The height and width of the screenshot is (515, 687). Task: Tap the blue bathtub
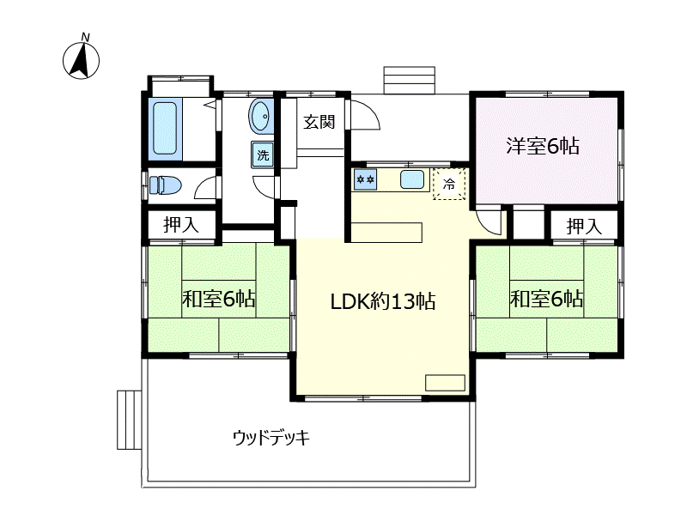(x=166, y=129)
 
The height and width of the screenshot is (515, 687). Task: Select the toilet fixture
(x=165, y=185)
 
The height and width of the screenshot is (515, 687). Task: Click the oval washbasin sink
(x=260, y=116)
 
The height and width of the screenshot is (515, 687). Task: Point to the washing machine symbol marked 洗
(x=263, y=155)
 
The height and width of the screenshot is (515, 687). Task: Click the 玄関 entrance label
(x=319, y=122)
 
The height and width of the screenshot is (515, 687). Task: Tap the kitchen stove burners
(x=366, y=179)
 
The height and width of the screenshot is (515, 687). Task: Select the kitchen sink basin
(x=412, y=180)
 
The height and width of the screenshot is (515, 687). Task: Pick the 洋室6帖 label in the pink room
(x=542, y=146)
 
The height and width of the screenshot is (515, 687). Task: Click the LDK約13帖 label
(x=383, y=301)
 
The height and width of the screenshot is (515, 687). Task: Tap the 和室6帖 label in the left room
(x=218, y=300)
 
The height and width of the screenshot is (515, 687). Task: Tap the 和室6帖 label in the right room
(x=547, y=300)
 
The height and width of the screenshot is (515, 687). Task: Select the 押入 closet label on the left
(x=181, y=226)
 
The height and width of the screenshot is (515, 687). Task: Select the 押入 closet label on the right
(x=584, y=227)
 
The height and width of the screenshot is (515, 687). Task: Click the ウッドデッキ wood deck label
(x=271, y=438)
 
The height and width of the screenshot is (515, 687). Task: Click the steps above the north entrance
(x=410, y=80)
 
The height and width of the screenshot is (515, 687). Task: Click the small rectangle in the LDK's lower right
(x=444, y=383)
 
